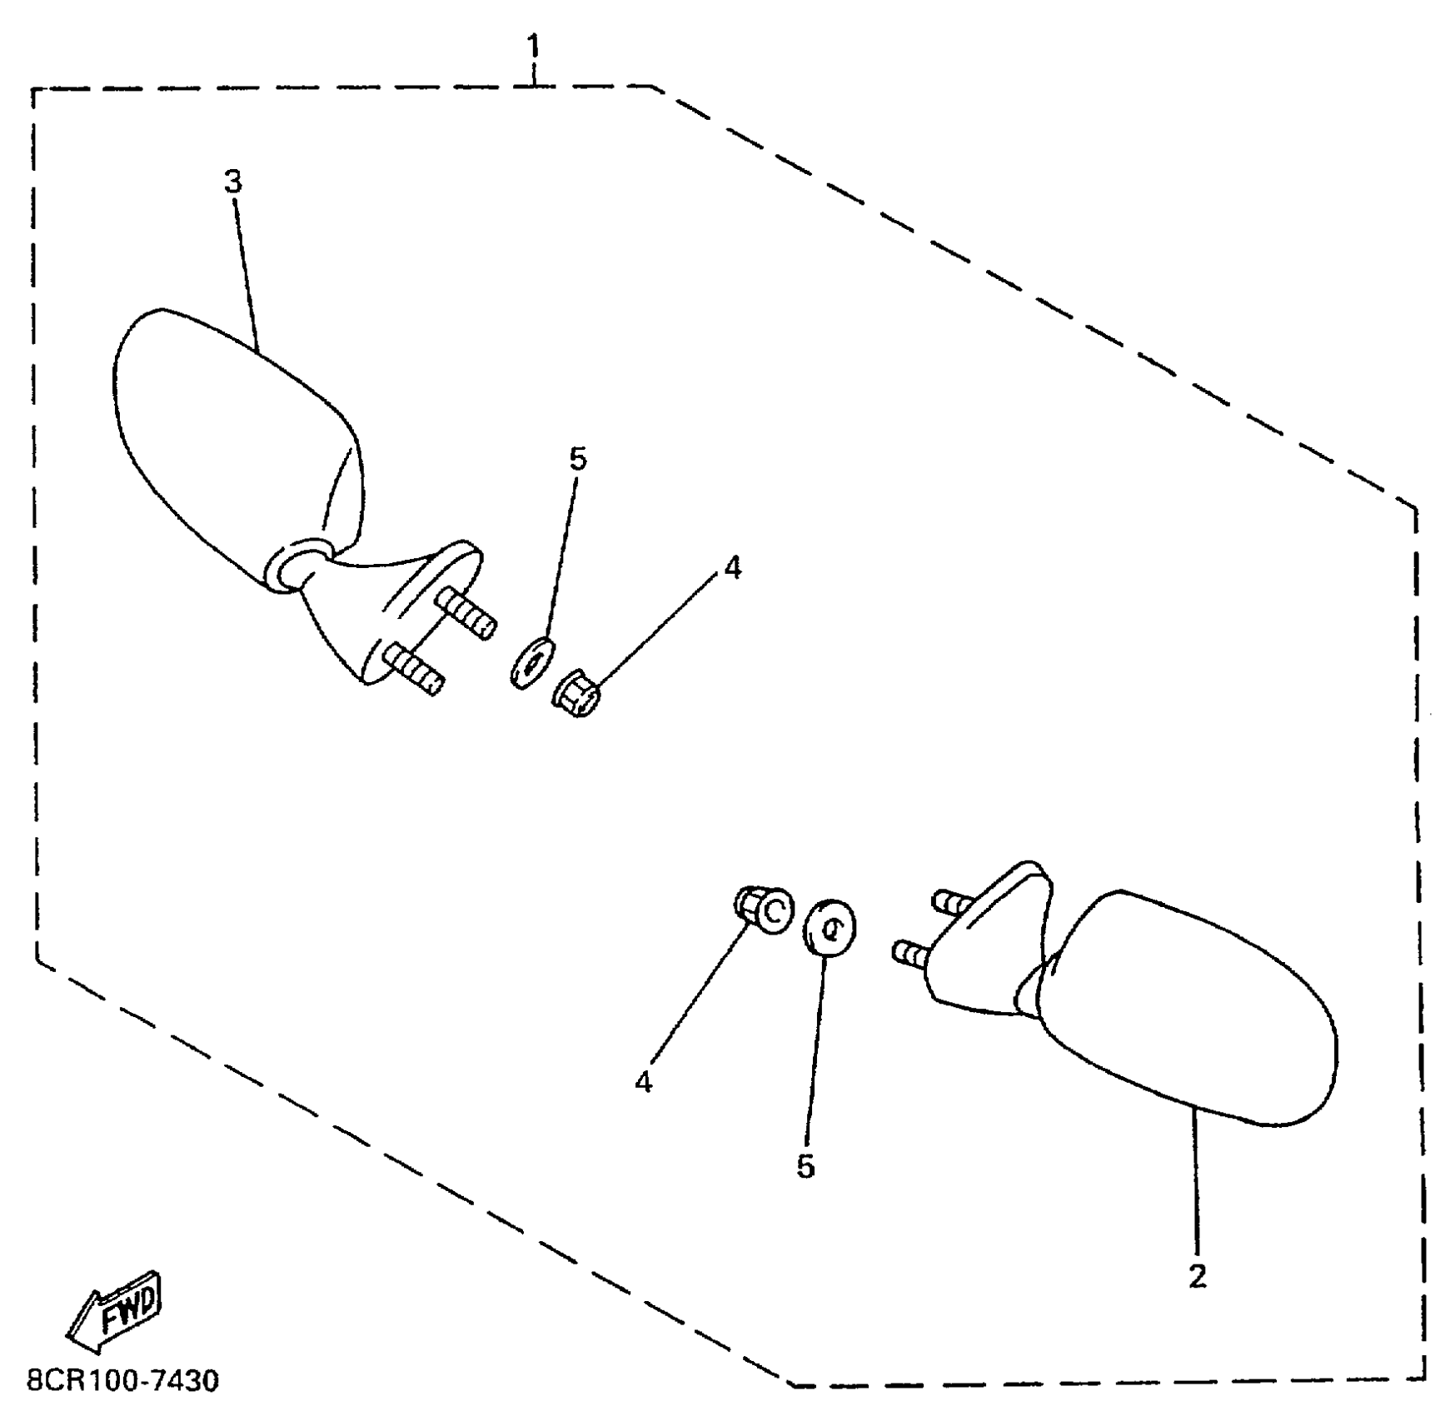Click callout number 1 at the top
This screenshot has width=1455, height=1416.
[532, 45]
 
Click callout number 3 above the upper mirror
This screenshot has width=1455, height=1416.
[233, 181]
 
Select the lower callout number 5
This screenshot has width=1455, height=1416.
[805, 1167]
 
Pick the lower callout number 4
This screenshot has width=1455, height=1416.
[643, 1082]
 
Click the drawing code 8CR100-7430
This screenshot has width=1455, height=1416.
[122, 1381]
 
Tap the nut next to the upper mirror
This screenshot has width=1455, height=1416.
[576, 694]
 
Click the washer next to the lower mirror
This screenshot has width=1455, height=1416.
[830, 926]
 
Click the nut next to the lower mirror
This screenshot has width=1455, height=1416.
[763, 910]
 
